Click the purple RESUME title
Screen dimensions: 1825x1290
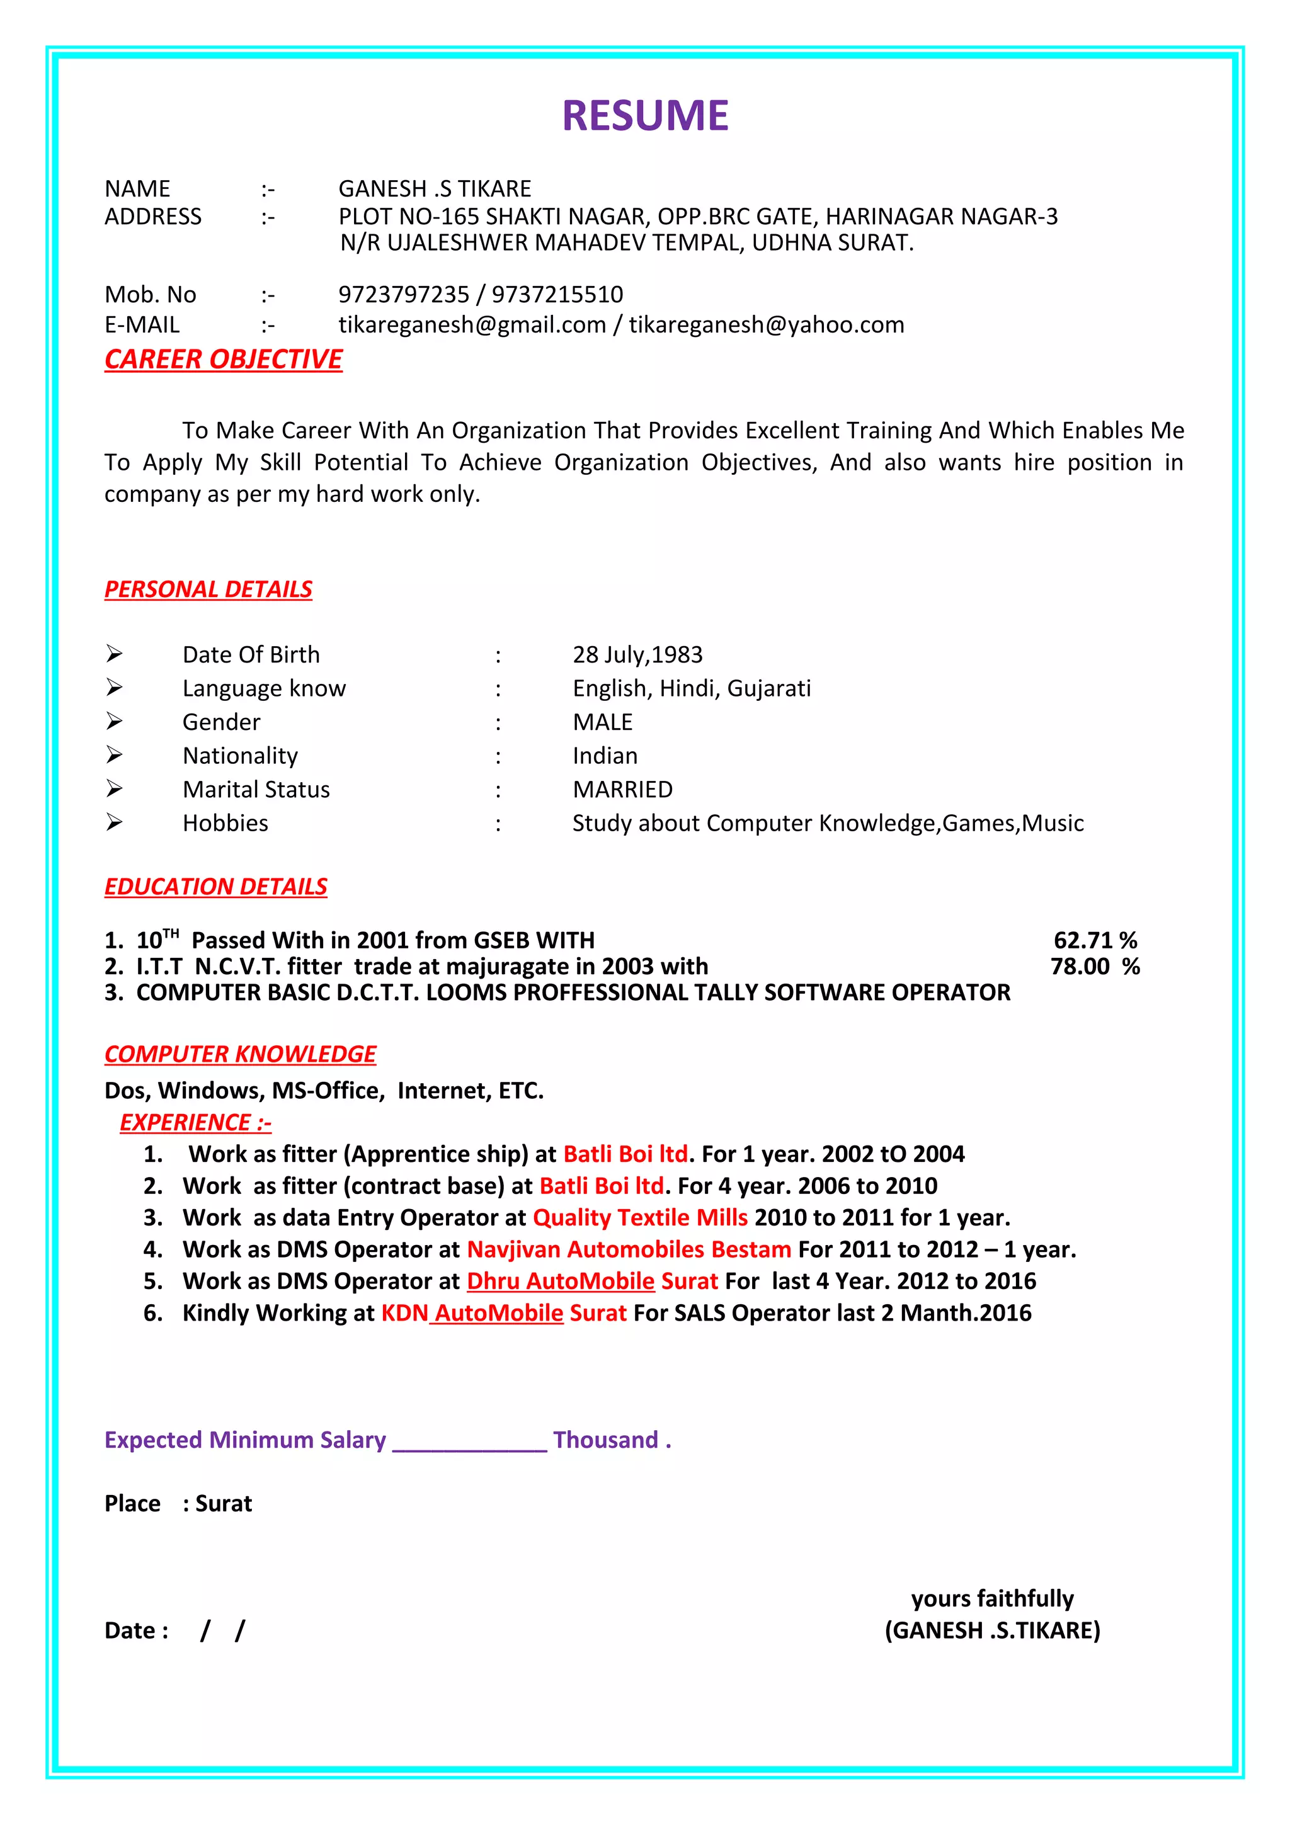(644, 115)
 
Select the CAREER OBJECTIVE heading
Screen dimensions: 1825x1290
(224, 360)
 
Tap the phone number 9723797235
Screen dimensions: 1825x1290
(404, 295)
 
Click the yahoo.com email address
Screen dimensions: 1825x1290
(766, 325)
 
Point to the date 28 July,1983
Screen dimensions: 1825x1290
(637, 655)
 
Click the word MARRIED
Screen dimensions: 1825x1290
(622, 789)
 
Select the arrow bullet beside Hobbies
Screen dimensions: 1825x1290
(115, 822)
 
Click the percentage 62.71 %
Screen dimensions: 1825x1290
(1095, 940)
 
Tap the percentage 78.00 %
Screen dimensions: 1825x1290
(1095, 967)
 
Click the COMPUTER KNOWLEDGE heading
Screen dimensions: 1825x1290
(240, 1054)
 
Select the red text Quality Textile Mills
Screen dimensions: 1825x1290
(640, 1218)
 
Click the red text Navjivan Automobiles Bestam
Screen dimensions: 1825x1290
(629, 1249)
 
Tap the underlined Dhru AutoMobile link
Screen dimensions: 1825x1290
(561, 1282)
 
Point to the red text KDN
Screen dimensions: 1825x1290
(404, 1313)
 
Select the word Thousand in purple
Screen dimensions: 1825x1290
(606, 1440)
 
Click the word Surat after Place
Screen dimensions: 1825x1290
(224, 1504)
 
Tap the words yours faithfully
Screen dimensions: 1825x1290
(992, 1598)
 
